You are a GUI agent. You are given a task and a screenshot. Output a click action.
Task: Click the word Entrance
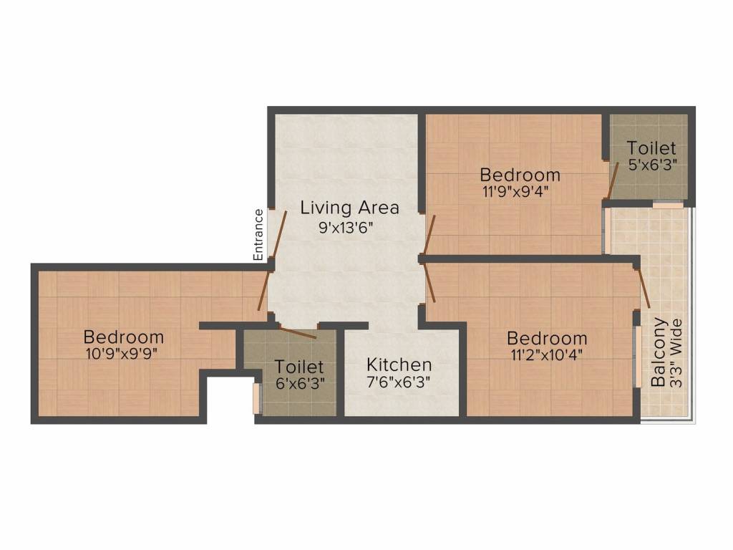(x=259, y=234)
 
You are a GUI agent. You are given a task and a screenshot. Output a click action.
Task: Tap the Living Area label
(x=349, y=208)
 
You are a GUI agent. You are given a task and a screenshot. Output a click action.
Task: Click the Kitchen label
(x=399, y=365)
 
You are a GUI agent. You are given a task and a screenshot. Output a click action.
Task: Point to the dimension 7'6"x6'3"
(x=399, y=382)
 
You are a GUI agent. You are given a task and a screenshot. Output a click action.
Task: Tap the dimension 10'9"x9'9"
(x=124, y=353)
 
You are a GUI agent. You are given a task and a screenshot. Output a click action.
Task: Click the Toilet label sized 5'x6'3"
(x=651, y=149)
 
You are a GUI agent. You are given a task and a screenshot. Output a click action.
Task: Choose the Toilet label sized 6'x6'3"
(x=300, y=367)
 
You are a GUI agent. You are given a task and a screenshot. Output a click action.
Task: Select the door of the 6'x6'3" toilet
(x=296, y=332)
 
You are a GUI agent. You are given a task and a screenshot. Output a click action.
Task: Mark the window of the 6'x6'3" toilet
(x=256, y=398)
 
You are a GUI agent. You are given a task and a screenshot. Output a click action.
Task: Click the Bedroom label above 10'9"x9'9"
(x=124, y=337)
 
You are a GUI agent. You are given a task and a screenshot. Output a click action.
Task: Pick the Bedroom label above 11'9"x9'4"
(x=520, y=175)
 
